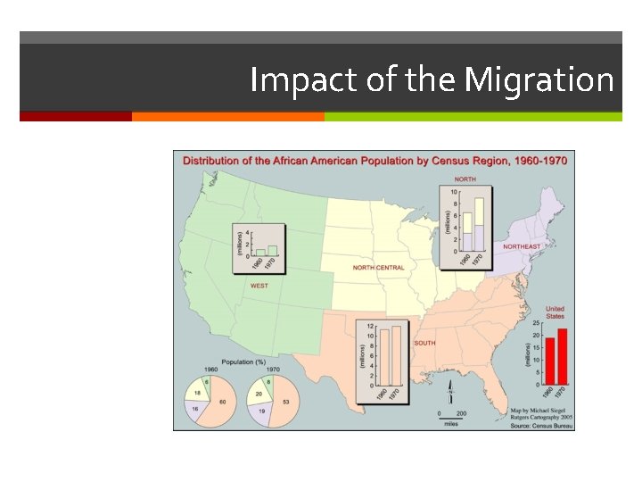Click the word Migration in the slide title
539,80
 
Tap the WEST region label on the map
259,286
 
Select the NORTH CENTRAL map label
378,267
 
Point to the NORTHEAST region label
522,246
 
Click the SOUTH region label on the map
424,343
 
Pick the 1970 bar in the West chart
272,251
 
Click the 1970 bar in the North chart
479,225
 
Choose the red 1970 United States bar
562,355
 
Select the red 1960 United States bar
550,360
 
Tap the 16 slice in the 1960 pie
196,410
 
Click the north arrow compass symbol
453,392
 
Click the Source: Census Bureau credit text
540,426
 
